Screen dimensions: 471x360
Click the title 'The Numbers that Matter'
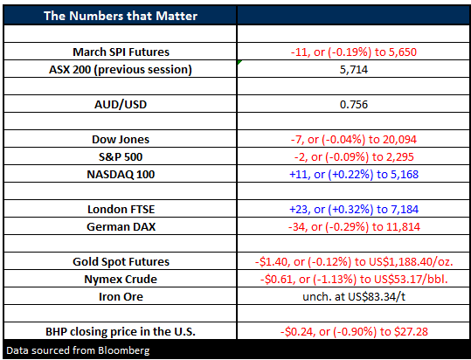point(121,16)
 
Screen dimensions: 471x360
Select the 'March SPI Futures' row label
point(121,52)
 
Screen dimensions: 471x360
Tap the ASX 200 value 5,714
point(354,70)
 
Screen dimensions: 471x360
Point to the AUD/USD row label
point(121,105)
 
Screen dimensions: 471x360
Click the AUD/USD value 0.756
point(354,105)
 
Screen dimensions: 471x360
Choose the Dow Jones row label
point(121,139)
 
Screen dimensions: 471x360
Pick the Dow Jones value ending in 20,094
point(354,139)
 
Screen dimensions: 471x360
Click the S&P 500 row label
point(121,156)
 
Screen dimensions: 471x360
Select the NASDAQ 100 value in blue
point(354,174)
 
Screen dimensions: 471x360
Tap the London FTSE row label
point(121,210)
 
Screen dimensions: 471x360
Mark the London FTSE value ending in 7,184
point(354,210)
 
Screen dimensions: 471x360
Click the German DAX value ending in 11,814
point(354,226)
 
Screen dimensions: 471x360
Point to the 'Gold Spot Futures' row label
point(121,261)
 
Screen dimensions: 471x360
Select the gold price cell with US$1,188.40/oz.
point(354,262)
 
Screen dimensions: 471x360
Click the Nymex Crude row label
point(121,280)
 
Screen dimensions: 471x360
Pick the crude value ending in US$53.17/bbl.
point(354,280)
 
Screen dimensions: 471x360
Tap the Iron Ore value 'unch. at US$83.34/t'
point(354,296)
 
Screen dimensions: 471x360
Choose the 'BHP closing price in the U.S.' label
point(121,331)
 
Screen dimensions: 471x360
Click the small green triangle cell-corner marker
point(239,62)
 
